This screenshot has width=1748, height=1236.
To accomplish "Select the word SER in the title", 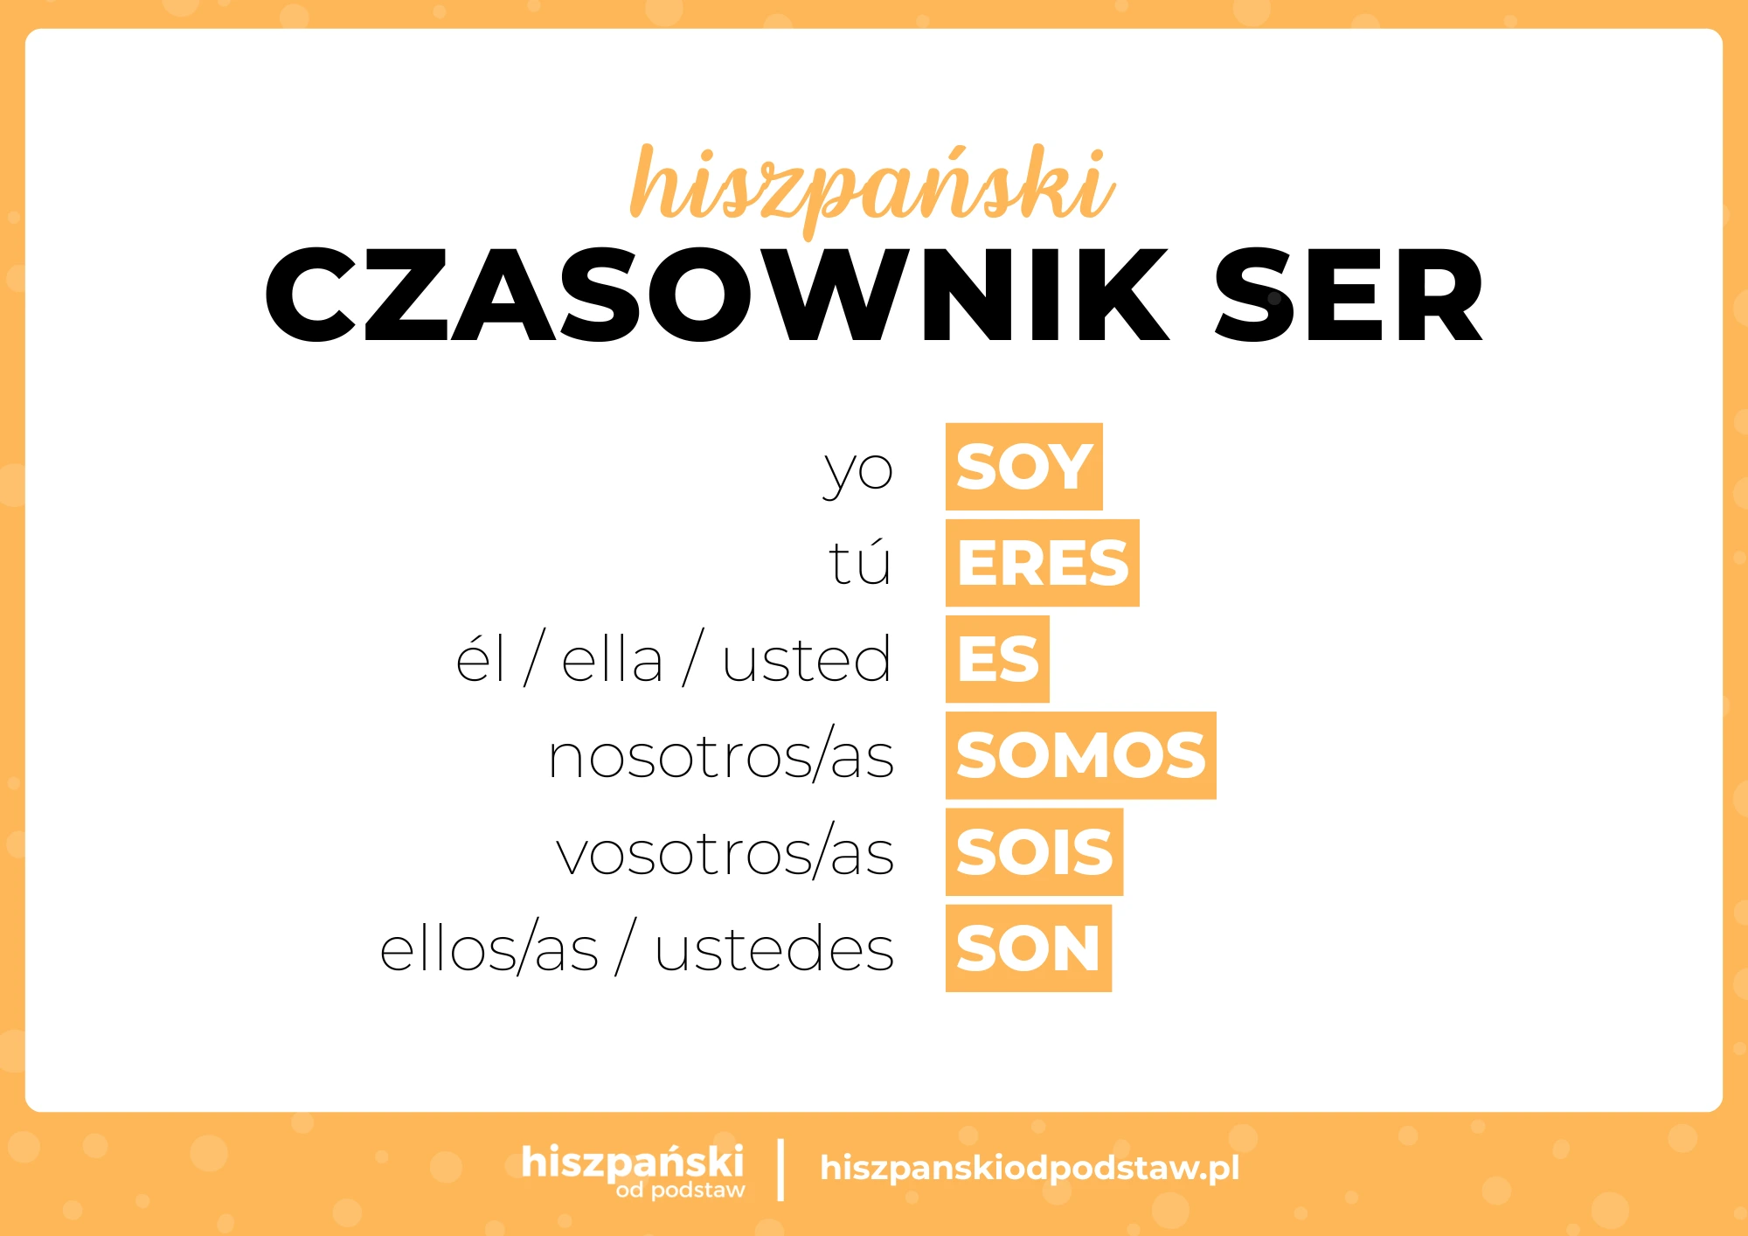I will coord(1349,295).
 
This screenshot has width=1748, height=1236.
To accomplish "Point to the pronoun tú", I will coord(860,562).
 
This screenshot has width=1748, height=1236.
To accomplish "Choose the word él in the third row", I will coord(480,659).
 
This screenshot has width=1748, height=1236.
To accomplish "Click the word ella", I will coord(612,659).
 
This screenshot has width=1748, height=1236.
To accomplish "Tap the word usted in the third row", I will coord(807,659).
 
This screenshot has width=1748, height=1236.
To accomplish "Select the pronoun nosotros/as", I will coord(721,756).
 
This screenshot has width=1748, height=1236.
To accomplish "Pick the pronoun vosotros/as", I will coord(725,853).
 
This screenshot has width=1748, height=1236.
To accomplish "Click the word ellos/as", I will coord(489,949).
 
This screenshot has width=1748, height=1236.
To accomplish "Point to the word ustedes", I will coord(774,949).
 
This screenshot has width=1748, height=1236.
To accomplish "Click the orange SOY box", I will coord(1023,467).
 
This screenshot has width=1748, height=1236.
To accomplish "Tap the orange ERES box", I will coord(1042,563).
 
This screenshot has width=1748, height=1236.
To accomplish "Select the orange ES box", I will coord(997,659).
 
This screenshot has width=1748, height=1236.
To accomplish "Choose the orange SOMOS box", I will coord(1080,755).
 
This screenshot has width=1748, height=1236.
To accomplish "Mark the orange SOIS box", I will coord(1034,852).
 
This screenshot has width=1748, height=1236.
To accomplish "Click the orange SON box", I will coord(1028,948).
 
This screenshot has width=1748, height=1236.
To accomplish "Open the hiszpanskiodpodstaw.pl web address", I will coord(1030,1168).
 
